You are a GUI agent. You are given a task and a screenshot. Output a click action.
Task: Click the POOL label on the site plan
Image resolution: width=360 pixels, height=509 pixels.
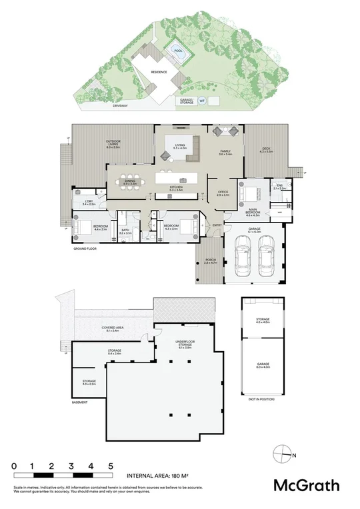click(x=177, y=51)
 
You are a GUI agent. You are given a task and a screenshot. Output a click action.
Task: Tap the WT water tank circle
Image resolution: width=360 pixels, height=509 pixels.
click(x=202, y=102)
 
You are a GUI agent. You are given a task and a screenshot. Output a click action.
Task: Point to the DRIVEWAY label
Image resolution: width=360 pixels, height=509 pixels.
click(x=120, y=105)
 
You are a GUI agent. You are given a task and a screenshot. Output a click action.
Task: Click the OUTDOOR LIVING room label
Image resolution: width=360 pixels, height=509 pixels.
click(x=112, y=145)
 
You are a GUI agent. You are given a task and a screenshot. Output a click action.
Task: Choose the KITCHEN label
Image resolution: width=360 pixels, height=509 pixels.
click(x=176, y=189)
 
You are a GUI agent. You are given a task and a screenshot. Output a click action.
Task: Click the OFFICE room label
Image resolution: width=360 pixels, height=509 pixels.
click(x=223, y=194)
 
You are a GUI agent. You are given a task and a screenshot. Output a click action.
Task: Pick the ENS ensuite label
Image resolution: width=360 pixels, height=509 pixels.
click(x=280, y=187)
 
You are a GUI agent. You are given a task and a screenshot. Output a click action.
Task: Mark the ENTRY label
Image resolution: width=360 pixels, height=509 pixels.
click(x=217, y=225)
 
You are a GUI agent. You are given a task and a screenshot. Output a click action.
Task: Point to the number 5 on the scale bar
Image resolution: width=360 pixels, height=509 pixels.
click(x=111, y=465)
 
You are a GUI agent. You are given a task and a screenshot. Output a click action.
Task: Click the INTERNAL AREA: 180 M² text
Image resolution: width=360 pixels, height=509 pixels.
click(x=158, y=477)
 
